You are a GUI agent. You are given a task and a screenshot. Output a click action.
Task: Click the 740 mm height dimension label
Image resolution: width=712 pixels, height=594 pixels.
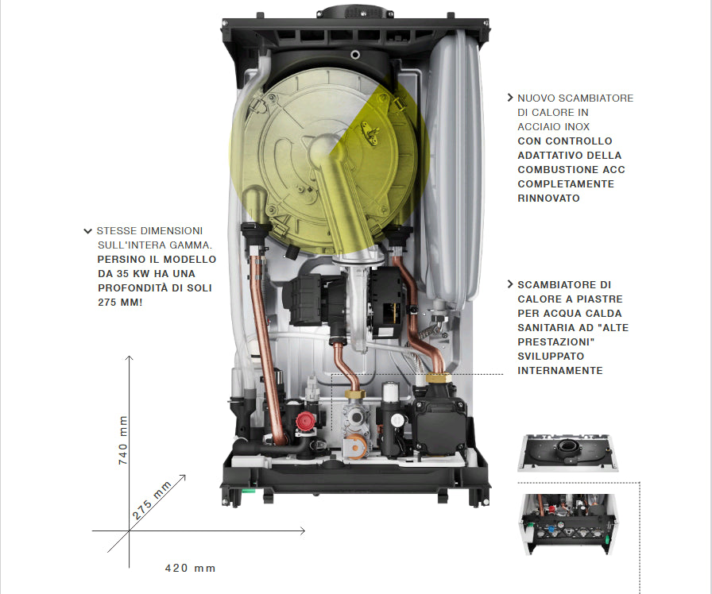123,440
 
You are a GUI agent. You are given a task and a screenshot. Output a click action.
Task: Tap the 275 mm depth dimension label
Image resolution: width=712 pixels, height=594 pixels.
152,500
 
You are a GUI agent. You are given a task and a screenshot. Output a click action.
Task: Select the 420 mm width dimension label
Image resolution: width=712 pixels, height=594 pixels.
190,568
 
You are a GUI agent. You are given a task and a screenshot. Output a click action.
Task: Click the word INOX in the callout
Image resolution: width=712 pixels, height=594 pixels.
577,126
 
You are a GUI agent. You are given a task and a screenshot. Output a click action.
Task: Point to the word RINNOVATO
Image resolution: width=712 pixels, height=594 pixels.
548,199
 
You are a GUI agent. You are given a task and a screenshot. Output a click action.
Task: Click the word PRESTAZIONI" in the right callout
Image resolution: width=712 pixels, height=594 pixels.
556,341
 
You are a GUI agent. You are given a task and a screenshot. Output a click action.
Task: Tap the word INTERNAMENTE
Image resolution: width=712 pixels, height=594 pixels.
560,370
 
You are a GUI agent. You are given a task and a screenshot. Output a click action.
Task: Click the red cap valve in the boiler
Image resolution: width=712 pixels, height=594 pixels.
305,422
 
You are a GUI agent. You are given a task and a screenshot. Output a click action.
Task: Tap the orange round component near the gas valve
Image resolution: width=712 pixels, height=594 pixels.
355,446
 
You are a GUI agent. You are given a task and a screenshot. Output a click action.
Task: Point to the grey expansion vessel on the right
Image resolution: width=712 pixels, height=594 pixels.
452,168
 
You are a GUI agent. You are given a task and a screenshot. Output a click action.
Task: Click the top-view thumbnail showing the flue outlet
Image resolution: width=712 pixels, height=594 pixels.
567,453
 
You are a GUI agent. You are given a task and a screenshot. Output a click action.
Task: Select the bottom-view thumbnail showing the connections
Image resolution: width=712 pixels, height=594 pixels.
567,524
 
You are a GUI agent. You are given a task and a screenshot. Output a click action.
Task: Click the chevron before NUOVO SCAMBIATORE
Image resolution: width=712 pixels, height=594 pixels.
510,98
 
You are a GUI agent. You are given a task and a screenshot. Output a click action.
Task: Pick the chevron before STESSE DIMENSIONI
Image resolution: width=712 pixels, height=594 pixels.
88,231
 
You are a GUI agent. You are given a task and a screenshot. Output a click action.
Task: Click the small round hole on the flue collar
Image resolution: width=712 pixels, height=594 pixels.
355,55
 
